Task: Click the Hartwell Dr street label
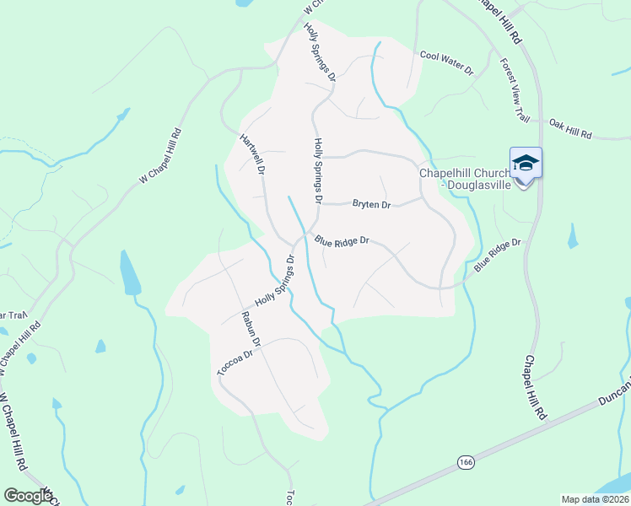tap(253, 153)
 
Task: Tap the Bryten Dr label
tap(372, 205)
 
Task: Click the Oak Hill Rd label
tap(571, 129)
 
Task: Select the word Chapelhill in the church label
tap(448, 174)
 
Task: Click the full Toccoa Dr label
tap(235, 362)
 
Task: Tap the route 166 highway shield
tap(466, 462)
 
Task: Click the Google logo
tap(28, 496)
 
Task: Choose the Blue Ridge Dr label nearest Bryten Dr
tap(342, 241)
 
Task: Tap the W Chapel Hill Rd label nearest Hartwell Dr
tap(160, 156)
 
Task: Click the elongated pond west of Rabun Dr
tap(131, 274)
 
